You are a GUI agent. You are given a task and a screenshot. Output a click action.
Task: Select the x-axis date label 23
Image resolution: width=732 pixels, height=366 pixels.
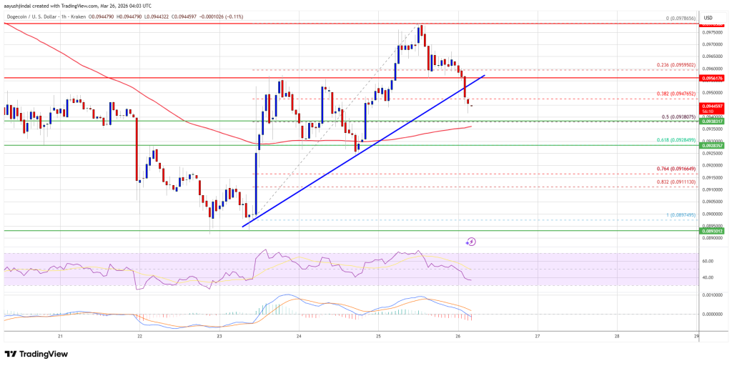click(x=219, y=335)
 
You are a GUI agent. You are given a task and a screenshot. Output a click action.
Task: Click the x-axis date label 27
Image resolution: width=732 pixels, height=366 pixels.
click(x=537, y=335)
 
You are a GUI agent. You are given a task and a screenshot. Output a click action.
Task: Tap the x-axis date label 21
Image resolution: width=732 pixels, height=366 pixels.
click(x=61, y=335)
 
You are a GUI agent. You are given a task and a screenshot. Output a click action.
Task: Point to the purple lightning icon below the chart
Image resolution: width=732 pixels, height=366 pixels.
click(x=470, y=242)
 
